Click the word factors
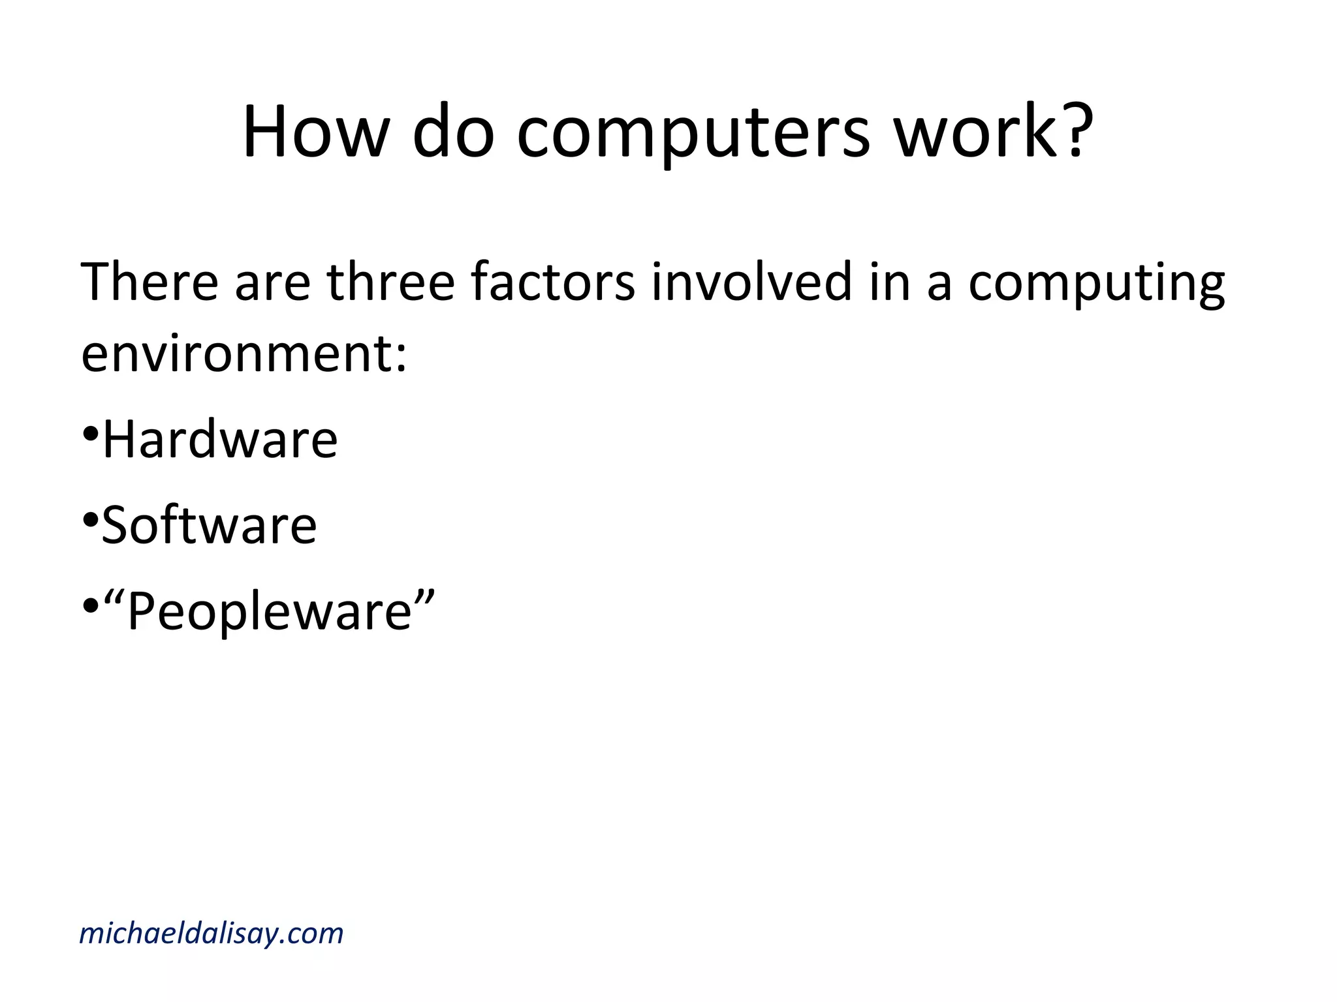(x=552, y=282)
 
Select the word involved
(x=751, y=282)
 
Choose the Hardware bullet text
(x=220, y=439)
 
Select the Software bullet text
(x=209, y=525)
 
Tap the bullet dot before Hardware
(x=90, y=433)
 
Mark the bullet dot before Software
(x=90, y=519)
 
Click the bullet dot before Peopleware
(x=90, y=606)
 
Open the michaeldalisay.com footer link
(x=211, y=934)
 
